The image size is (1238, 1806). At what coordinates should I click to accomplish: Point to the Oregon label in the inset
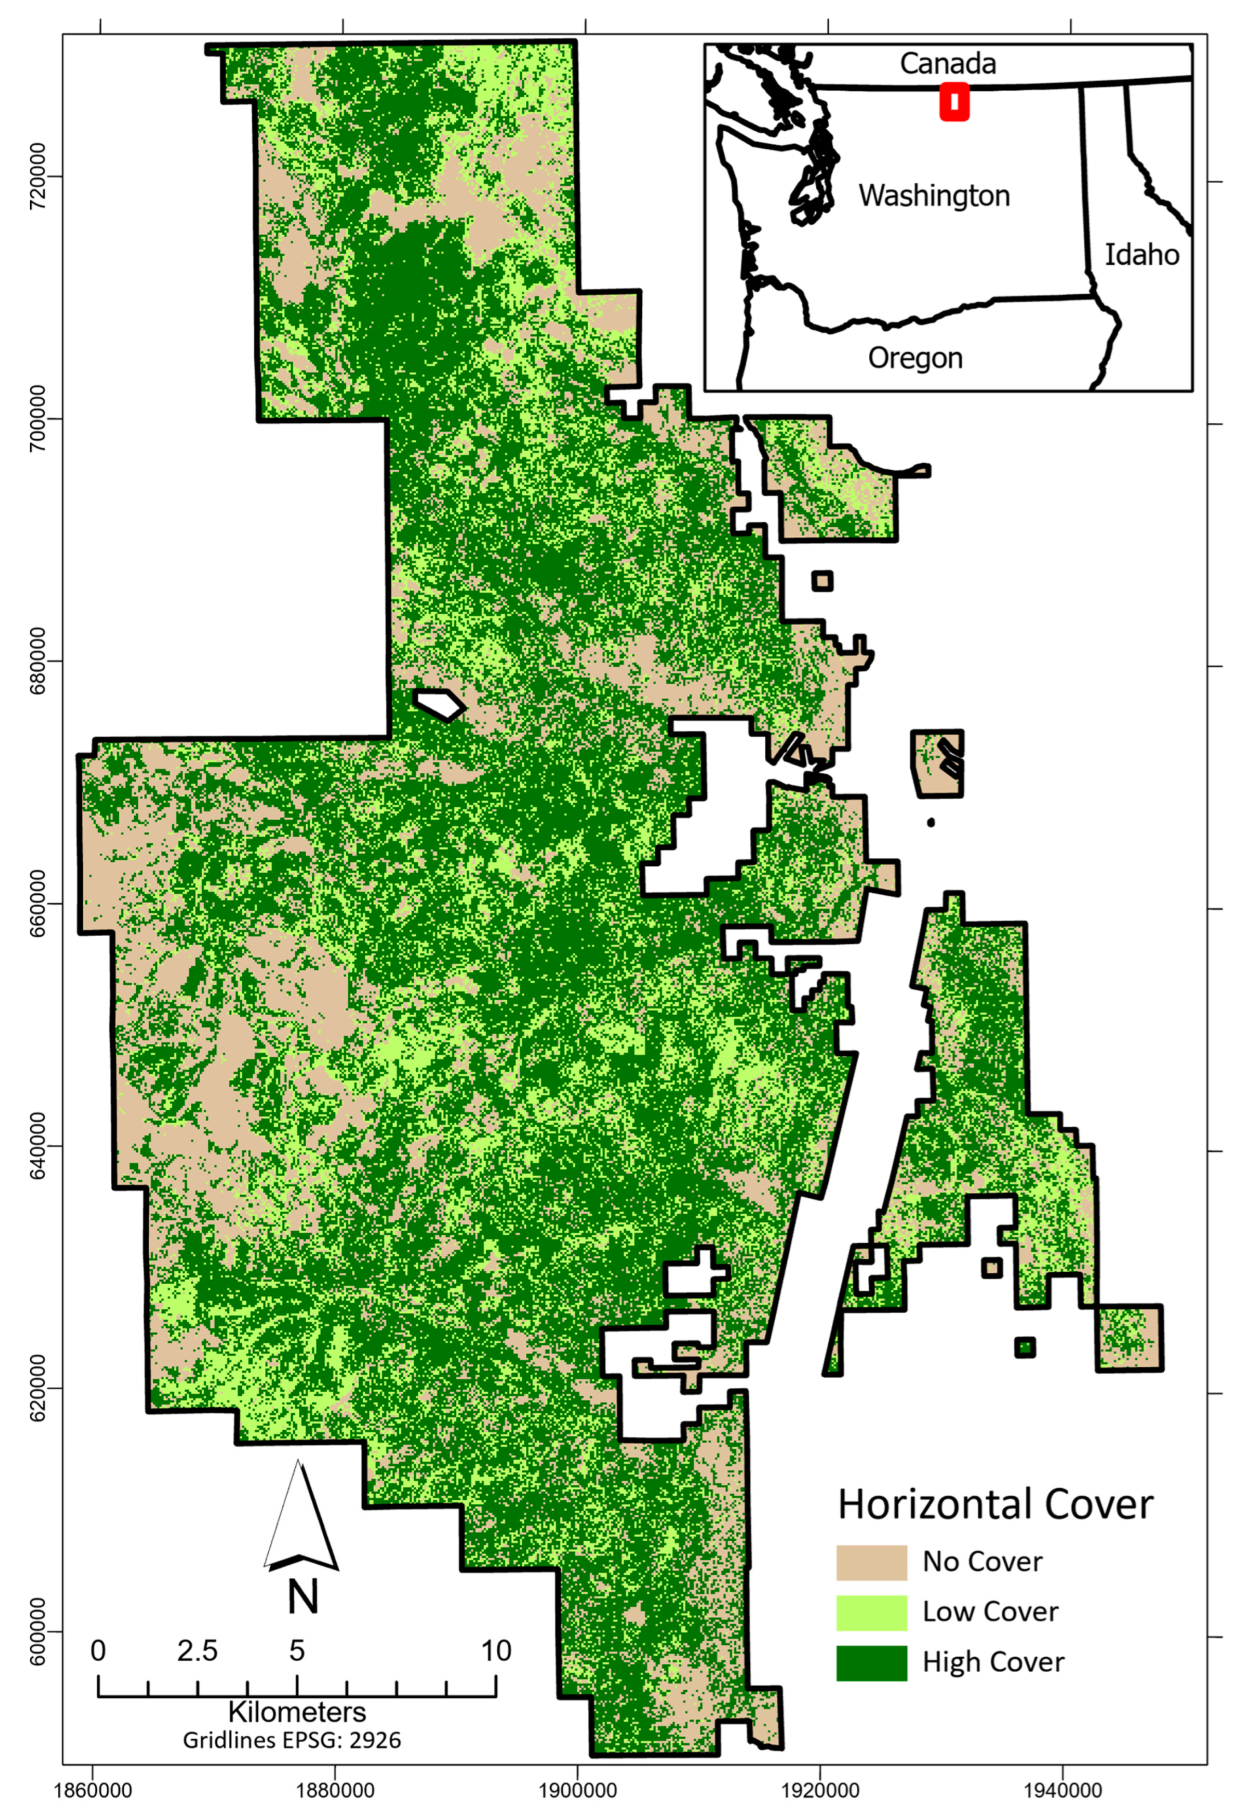pos(915,358)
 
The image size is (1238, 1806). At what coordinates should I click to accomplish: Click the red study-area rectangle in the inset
pos(953,102)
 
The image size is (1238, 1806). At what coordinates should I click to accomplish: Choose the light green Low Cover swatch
pos(871,1591)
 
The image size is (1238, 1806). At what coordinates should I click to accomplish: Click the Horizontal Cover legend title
pos(995,1482)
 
